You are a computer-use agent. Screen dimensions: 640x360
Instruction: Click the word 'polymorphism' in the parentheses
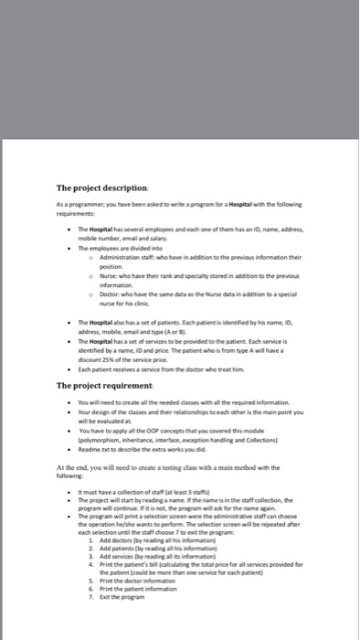[x=101, y=440]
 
